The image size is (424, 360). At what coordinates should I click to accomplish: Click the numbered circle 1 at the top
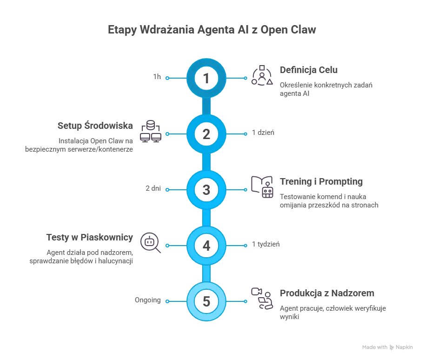[x=206, y=78]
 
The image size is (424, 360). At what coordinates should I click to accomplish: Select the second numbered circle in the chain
[x=206, y=134]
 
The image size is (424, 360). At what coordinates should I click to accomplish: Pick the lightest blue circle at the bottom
[x=206, y=301]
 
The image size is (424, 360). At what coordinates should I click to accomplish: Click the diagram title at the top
[x=212, y=29]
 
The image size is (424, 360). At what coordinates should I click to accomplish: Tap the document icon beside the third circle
[x=262, y=188]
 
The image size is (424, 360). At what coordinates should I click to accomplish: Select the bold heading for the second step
[x=95, y=125]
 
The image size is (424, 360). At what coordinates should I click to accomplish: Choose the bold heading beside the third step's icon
[x=321, y=181]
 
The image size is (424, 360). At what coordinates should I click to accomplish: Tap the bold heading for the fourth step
[x=89, y=237]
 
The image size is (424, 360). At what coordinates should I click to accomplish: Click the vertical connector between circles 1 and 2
[x=206, y=106]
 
